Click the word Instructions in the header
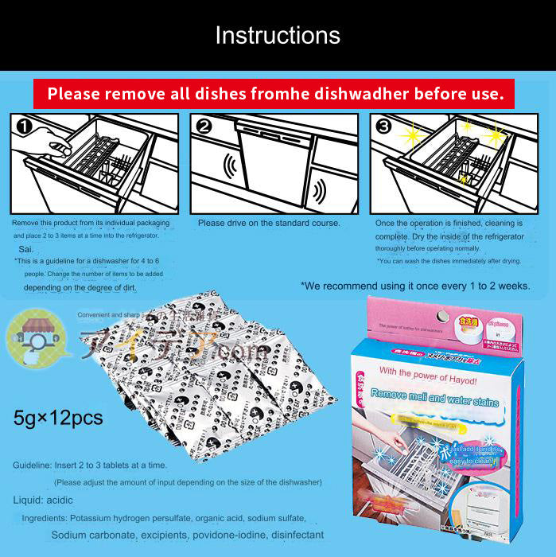pyautogui.click(x=278, y=36)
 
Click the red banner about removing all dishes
pyautogui.click(x=274, y=94)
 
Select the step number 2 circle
pyautogui.click(x=204, y=125)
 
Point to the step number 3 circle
pyautogui.click(x=384, y=125)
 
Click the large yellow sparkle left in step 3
pyautogui.click(x=412, y=136)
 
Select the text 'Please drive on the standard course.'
pyautogui.click(x=269, y=224)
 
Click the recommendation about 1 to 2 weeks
pyautogui.click(x=414, y=285)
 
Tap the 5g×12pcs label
pyautogui.click(x=58, y=417)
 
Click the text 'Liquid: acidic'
pyautogui.click(x=43, y=500)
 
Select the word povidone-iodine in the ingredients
pyautogui.click(x=231, y=535)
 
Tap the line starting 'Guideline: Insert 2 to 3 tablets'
pyautogui.click(x=100, y=465)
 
